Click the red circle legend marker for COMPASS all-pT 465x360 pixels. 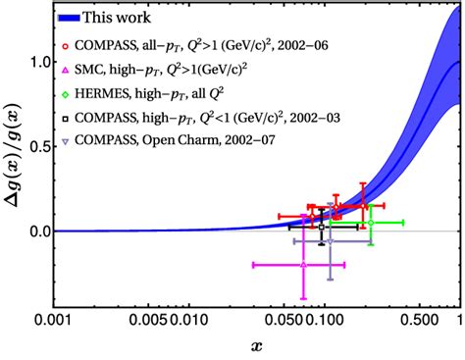65,45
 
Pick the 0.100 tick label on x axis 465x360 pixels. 322,320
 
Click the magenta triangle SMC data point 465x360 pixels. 304,265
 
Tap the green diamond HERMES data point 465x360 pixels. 370,223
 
